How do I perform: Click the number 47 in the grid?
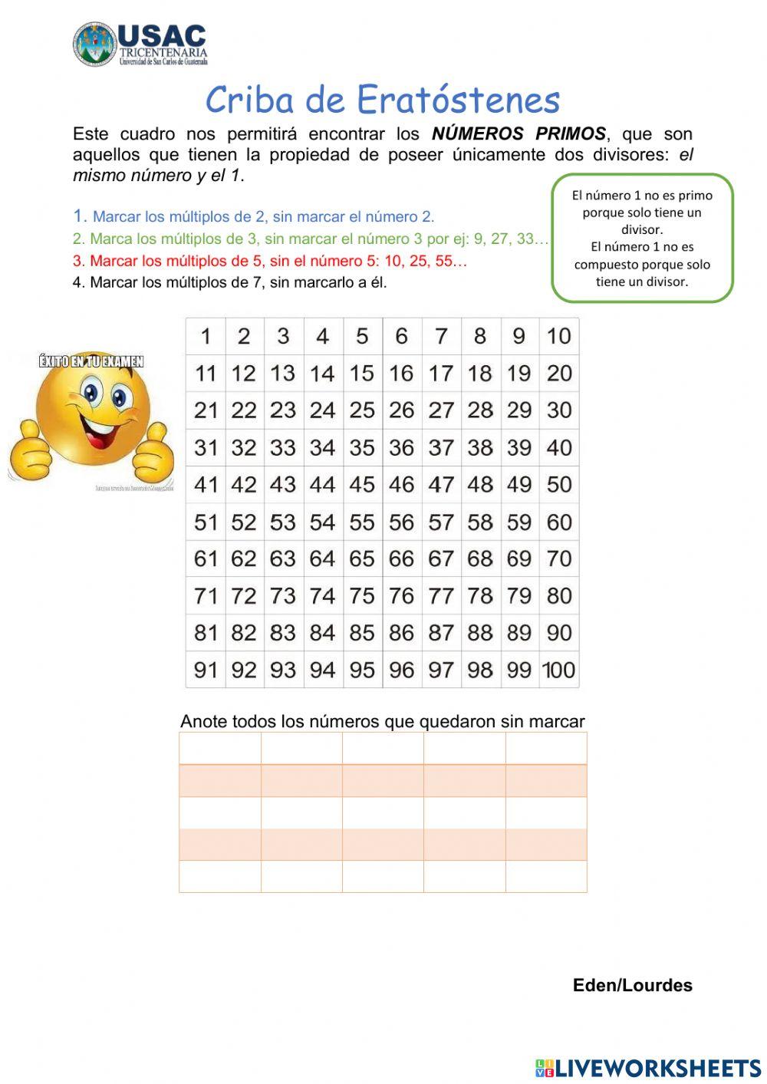441,485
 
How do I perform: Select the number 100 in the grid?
558,670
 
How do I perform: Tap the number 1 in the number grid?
206,336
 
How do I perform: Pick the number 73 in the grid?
283,596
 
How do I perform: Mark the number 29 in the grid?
519,410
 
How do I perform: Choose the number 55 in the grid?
362,522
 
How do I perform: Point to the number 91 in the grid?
206,670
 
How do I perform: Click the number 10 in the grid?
558,336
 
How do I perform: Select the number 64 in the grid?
322,559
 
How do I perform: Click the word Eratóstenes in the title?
459,100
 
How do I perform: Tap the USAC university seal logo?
94,44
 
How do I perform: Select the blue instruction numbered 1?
254,217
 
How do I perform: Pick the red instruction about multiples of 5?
270,261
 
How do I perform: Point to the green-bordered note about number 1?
642,238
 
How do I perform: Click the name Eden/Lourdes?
632,986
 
